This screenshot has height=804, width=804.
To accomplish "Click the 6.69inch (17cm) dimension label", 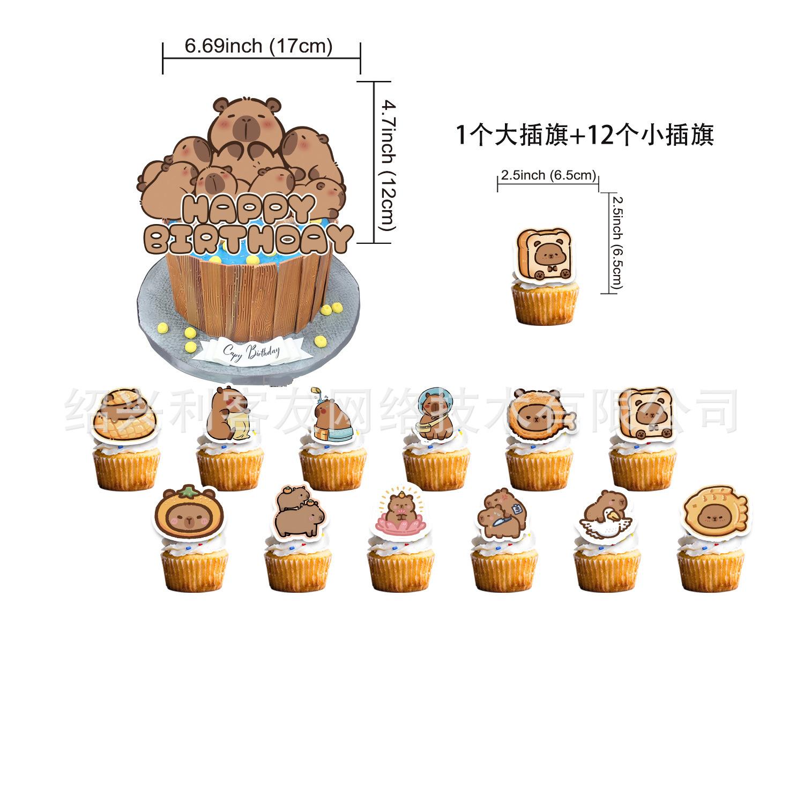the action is coord(258,46).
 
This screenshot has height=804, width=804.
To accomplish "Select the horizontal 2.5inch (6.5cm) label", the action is coord(548,175).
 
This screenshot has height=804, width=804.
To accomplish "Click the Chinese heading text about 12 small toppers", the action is coord(584,135).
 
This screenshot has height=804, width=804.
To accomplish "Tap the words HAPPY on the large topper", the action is coord(248,209).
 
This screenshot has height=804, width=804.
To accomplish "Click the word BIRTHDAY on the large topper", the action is coord(248,239).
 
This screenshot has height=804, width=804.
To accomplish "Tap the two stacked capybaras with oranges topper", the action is coord(299,512).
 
